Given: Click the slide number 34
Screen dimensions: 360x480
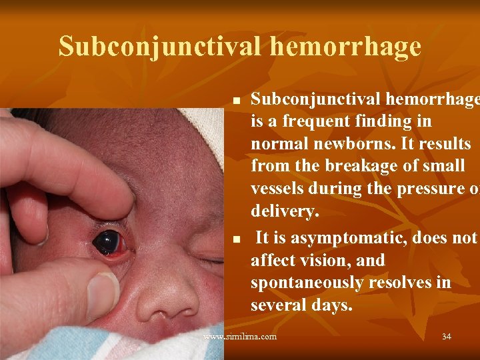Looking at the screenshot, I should [x=446, y=337].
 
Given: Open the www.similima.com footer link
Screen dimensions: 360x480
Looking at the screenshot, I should [x=239, y=337].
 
